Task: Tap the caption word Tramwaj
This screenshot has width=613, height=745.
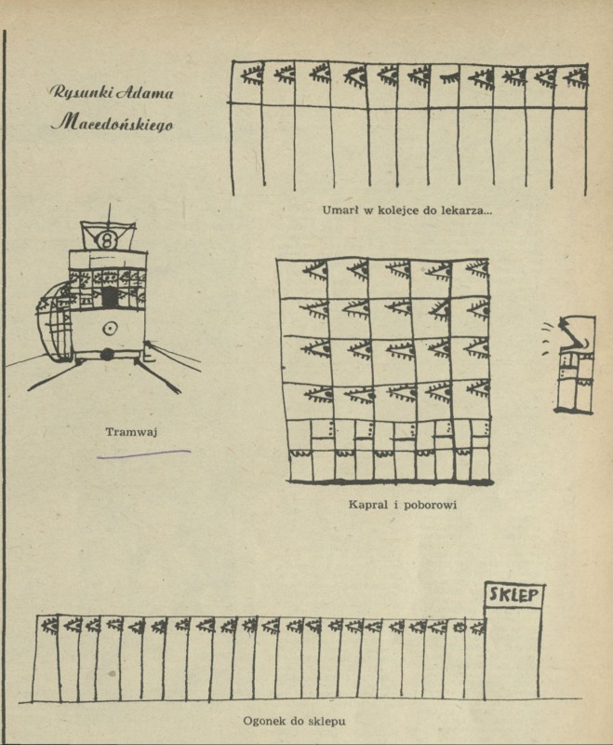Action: (128, 431)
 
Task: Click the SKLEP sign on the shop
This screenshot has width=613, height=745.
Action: (513, 595)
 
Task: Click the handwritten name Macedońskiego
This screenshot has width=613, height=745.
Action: (113, 122)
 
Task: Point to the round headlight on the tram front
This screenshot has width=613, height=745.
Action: (110, 328)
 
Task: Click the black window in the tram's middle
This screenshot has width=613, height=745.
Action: (111, 297)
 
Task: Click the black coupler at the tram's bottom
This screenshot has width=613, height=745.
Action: (108, 354)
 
